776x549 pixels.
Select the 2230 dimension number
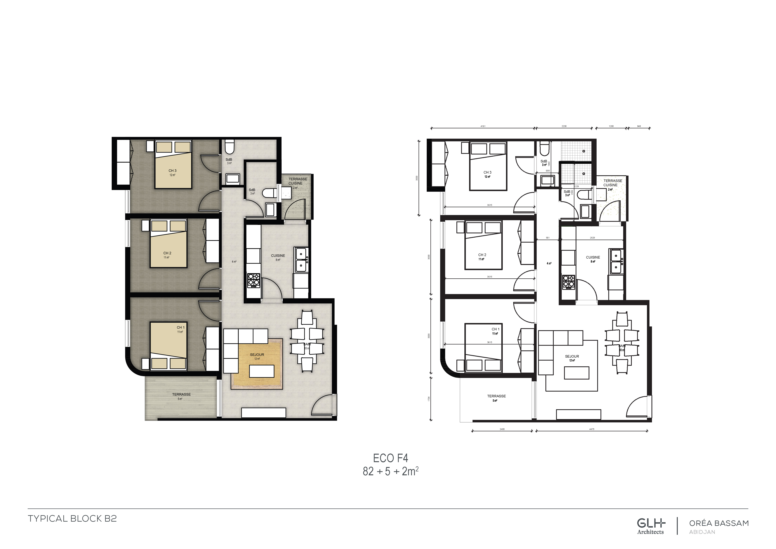tap(564, 126)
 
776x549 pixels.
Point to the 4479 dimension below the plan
tap(591, 429)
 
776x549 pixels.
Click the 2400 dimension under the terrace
tap(502, 429)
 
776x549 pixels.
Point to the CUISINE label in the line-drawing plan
tap(593, 257)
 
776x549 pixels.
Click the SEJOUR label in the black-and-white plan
tap(572, 356)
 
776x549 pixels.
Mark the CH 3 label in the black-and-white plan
tap(487, 172)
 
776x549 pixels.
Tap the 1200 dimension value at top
tap(611, 126)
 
